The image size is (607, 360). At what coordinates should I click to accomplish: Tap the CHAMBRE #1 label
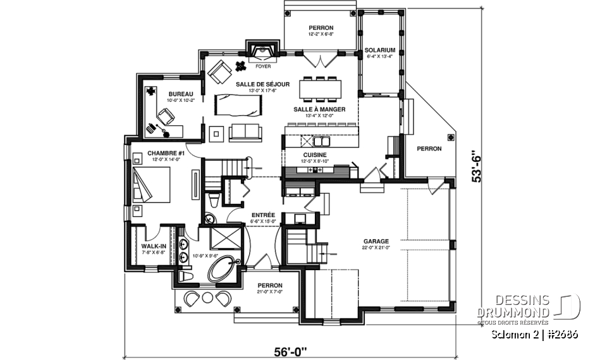(166, 153)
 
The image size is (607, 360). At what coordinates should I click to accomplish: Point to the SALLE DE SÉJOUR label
(262, 84)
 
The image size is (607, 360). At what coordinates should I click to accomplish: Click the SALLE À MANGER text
(319, 109)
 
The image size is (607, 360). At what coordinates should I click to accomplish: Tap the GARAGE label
(376, 241)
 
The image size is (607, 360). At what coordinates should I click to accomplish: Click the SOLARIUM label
(379, 50)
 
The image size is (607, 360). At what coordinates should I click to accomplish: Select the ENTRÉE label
(262, 215)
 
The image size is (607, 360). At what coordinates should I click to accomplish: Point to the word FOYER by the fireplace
(262, 65)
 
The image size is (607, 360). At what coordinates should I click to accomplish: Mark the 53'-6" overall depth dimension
(484, 170)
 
